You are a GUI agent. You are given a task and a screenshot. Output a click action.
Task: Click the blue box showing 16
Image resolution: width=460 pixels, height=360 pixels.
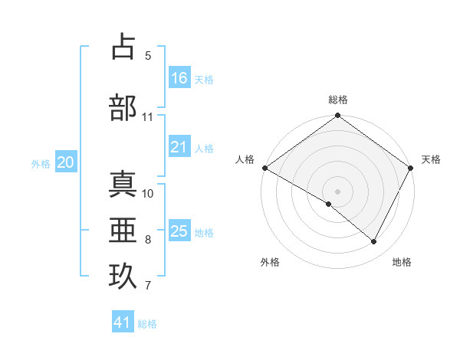(x=179, y=77)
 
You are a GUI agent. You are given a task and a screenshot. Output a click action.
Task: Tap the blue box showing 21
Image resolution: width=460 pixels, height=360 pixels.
(x=179, y=147)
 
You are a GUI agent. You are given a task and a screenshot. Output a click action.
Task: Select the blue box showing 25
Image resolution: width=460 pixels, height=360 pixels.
(x=179, y=231)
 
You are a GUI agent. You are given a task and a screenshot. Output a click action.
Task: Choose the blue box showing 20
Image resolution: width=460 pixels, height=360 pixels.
(x=66, y=162)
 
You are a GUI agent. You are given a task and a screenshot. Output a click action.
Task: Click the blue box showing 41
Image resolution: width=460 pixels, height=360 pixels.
(x=123, y=322)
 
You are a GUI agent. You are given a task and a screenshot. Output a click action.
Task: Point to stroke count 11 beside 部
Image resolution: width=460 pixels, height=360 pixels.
(x=148, y=117)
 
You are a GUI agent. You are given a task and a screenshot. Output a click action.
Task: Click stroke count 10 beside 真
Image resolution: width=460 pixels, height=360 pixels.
(x=148, y=193)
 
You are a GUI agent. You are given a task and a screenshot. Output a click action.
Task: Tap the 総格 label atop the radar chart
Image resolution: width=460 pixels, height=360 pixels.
(x=337, y=100)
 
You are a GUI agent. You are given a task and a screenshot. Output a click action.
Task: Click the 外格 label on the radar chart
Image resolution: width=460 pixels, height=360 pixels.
(x=270, y=262)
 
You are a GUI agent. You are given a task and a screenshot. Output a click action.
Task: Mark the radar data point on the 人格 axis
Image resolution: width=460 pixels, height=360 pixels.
(x=264, y=168)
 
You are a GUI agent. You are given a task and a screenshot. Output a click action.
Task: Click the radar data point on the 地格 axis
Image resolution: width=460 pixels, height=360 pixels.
(x=374, y=242)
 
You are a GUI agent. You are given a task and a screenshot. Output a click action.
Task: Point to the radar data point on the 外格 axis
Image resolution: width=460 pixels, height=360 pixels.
(x=329, y=204)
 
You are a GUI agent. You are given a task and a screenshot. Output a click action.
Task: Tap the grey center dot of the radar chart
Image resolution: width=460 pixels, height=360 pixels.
(x=337, y=191)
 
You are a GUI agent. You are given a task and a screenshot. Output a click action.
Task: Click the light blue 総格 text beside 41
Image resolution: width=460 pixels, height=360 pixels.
(x=147, y=324)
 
